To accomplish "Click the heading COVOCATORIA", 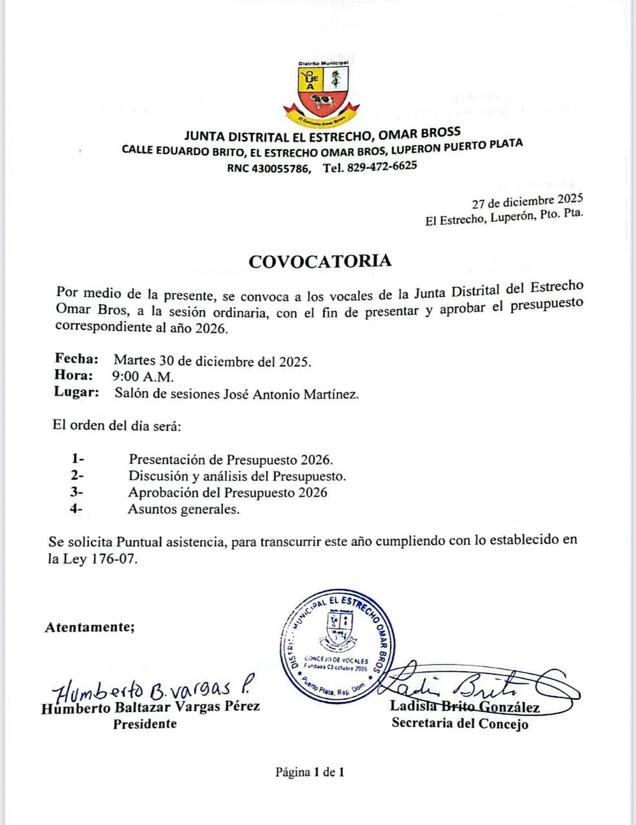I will tap(320, 260).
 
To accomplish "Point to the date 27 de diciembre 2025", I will tap(527, 201).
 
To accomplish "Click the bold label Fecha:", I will tap(77, 359).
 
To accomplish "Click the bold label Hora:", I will tap(74, 376).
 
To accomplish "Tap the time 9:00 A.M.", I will tap(143, 376).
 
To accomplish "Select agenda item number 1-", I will tap(78, 459).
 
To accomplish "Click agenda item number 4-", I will tap(77, 509).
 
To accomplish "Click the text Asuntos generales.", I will tap(184, 509).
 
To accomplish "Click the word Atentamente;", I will tap(90, 626).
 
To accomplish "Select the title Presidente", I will tap(144, 723).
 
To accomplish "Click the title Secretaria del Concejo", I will tap(460, 723).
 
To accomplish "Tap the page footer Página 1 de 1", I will tap(310, 772).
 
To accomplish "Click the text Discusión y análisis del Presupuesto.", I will tap(237, 476).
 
